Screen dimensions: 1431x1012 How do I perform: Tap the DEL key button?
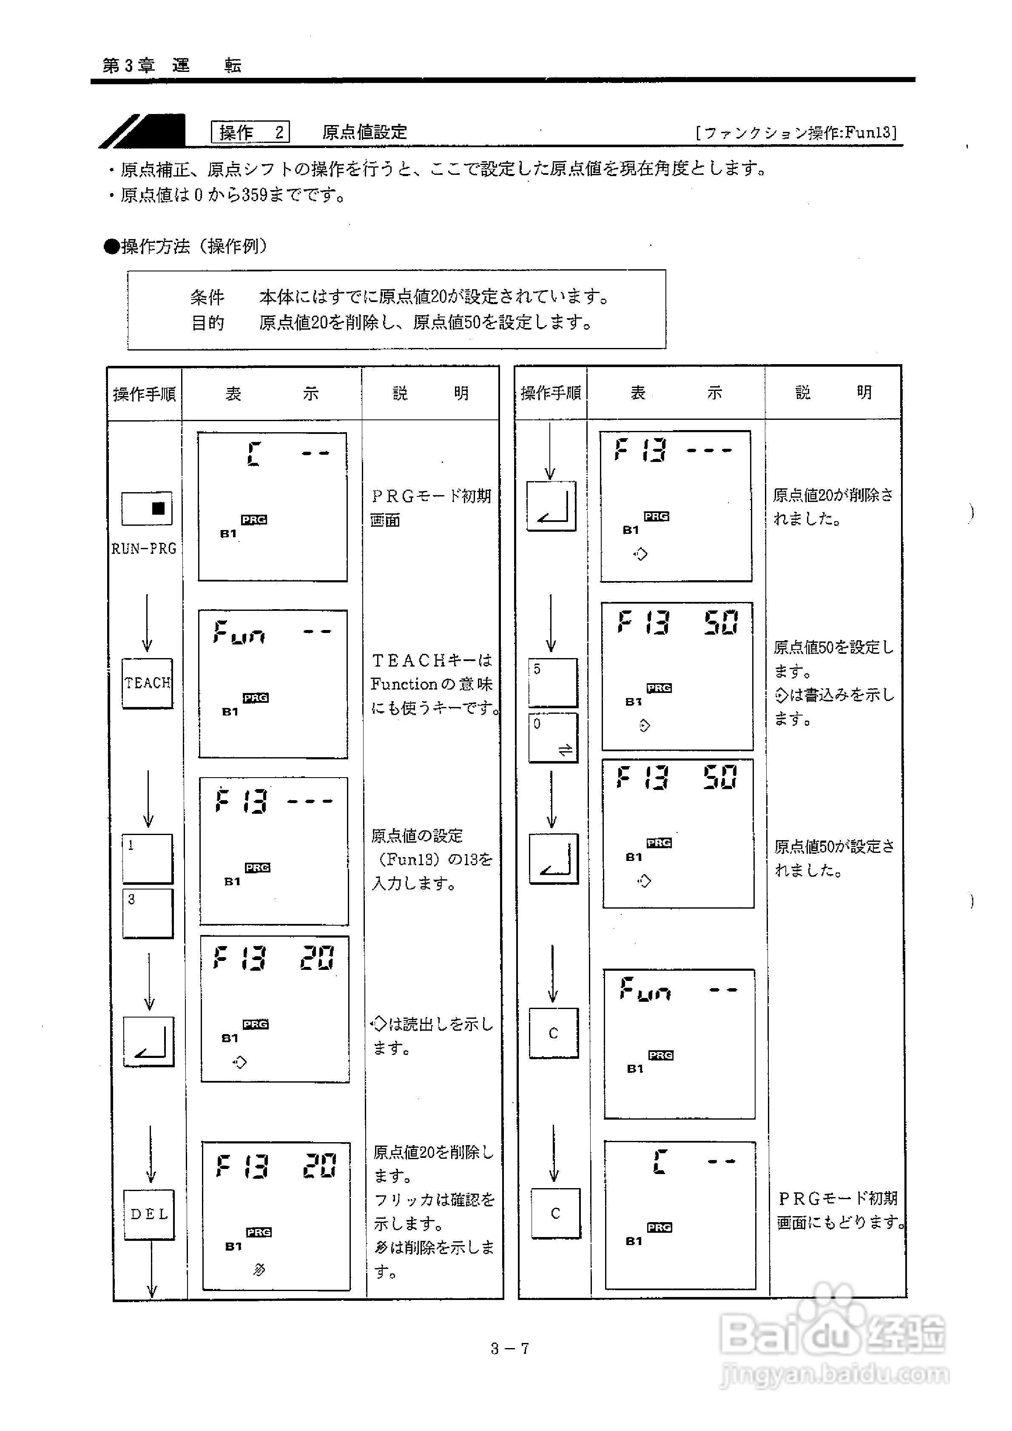pos(149,1214)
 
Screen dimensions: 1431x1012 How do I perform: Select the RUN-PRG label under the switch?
pos(144,548)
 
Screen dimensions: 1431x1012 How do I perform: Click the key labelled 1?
pos(147,858)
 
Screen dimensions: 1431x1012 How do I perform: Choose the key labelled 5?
pos(553,682)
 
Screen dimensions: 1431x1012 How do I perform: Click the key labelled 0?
pos(553,737)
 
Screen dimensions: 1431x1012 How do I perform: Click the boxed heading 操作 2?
pos(250,132)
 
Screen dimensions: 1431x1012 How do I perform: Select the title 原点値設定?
pos(364,132)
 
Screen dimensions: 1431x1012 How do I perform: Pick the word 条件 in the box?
pos(208,297)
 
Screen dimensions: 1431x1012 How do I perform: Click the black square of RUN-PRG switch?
pos(158,508)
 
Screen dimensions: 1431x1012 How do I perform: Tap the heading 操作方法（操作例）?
pos(187,247)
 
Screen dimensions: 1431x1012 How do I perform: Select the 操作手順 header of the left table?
pos(145,394)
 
